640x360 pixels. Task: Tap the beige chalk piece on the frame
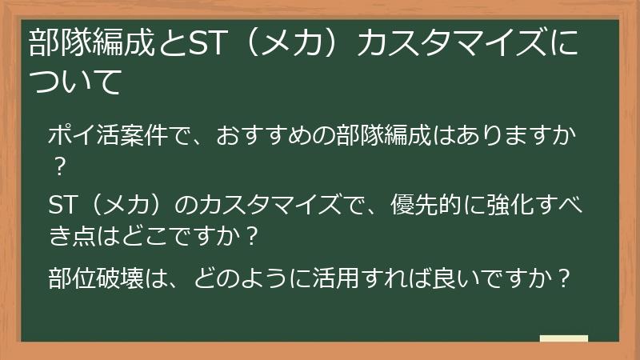(563, 338)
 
